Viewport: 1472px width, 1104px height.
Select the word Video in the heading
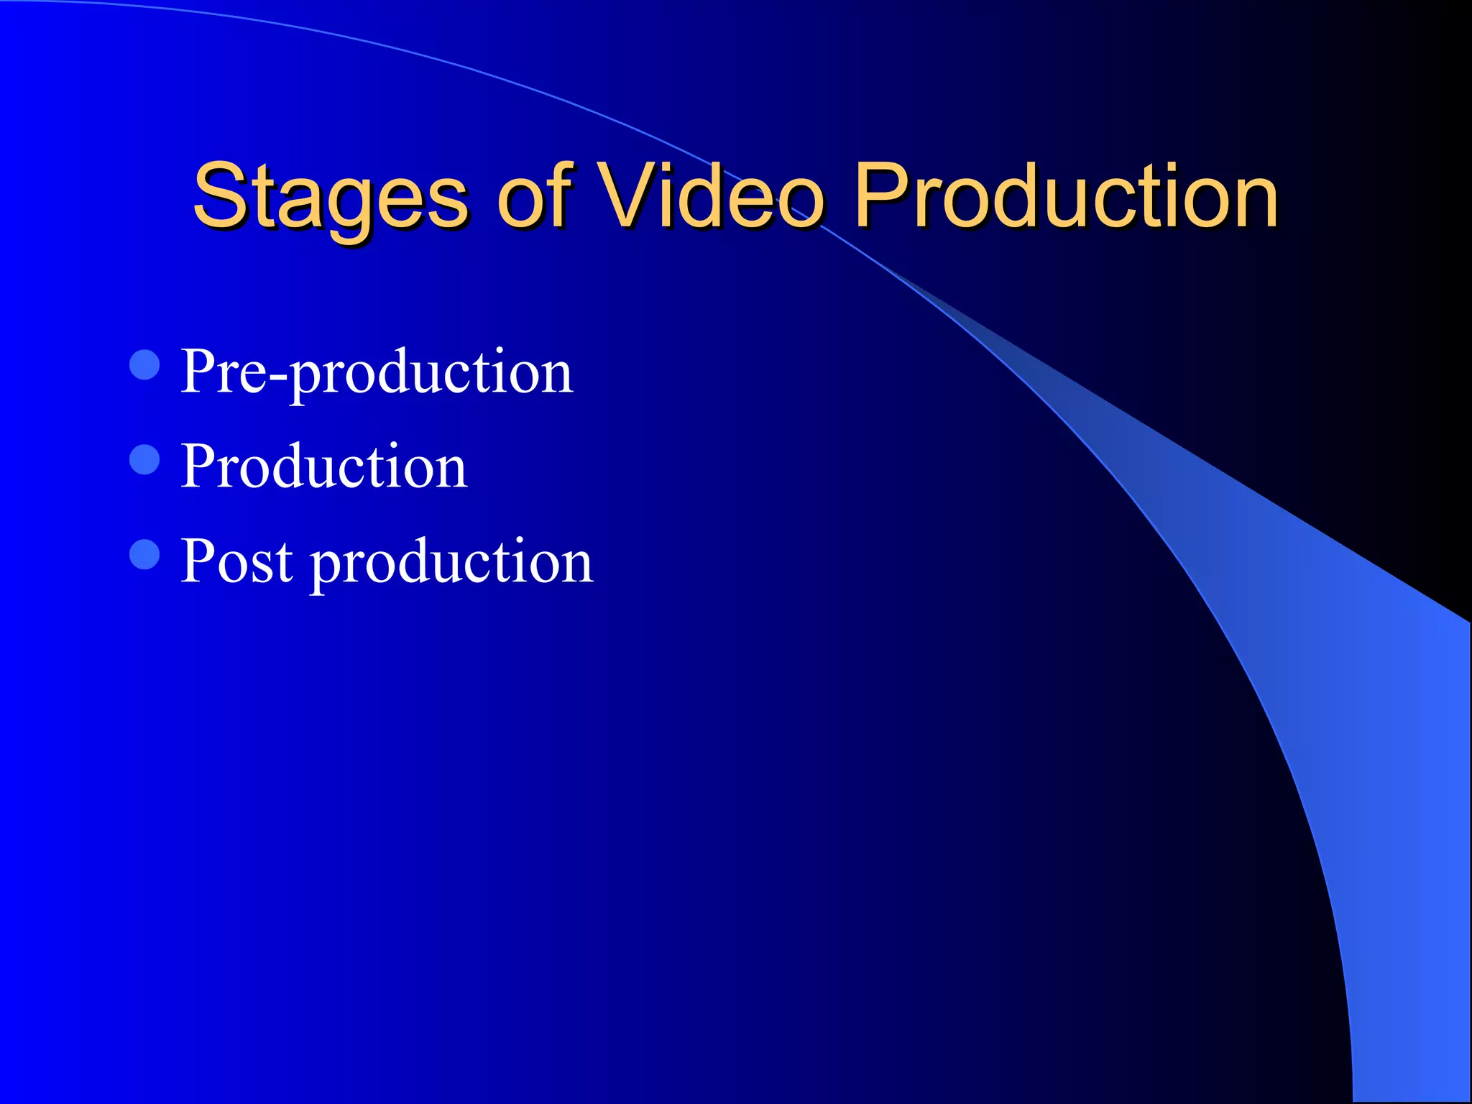click(x=712, y=195)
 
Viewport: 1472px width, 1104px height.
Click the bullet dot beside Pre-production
click(x=144, y=364)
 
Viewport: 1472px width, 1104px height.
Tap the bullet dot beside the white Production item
click(x=144, y=460)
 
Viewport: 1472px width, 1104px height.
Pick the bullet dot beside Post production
click(x=144, y=554)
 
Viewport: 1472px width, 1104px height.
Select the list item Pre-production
click(x=377, y=372)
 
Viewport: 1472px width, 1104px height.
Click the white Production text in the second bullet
click(x=324, y=466)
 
